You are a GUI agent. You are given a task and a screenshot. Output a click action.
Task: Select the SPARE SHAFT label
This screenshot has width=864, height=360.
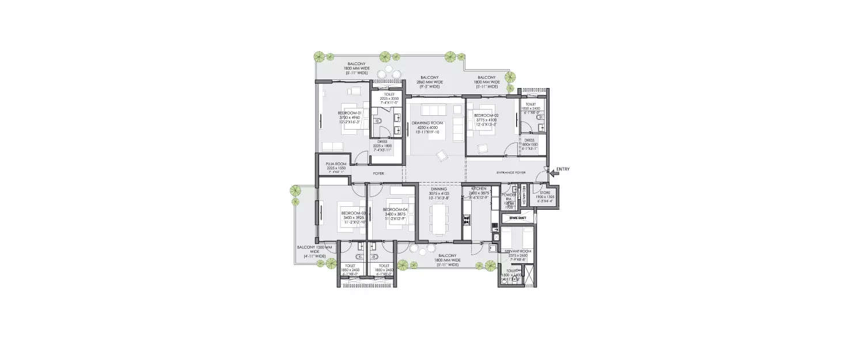[518, 218]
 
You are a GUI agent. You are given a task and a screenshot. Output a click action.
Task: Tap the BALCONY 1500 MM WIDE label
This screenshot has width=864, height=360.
[312, 247]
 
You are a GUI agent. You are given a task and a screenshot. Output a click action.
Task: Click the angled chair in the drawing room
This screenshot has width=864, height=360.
[441, 154]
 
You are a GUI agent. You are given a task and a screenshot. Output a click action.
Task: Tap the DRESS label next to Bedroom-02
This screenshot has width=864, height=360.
[529, 140]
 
